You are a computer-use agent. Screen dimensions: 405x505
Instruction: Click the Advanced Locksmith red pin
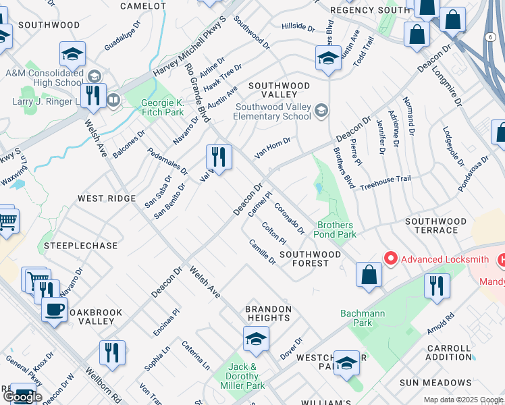[390, 259]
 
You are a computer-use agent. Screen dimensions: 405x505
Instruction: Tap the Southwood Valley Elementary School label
[273, 111]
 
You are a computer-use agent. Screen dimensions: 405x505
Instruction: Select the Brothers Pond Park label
[337, 230]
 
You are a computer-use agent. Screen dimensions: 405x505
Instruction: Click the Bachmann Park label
[357, 318]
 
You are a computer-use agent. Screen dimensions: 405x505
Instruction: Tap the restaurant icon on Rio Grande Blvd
[219, 158]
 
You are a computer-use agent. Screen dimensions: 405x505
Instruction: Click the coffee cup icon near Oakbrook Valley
[54, 310]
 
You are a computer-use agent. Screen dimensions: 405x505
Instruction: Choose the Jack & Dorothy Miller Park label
[242, 376]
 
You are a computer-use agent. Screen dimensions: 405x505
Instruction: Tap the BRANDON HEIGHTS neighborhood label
[268, 313]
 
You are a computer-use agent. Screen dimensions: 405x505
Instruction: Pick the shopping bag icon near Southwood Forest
[369, 275]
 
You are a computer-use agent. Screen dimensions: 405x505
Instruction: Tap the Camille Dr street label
[262, 252]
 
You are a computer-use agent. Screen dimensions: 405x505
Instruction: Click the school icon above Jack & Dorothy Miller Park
[256, 340]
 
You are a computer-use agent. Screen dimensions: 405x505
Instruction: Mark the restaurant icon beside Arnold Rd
[437, 286]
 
